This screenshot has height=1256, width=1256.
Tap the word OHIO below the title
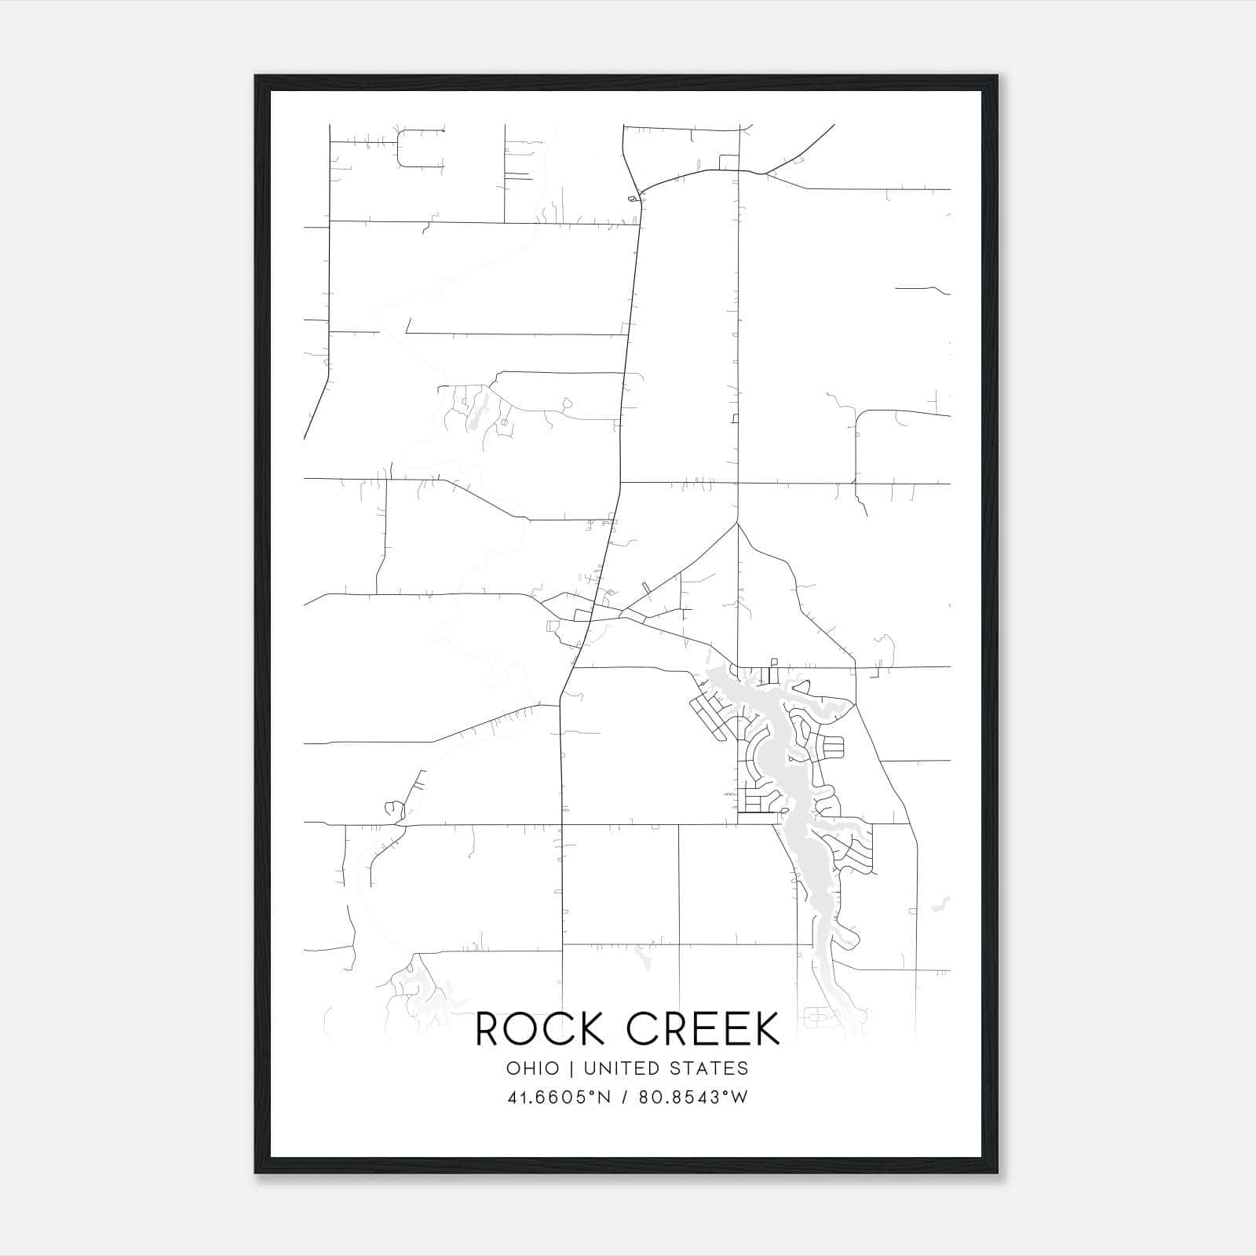click(533, 1068)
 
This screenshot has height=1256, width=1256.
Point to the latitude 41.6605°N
click(559, 1097)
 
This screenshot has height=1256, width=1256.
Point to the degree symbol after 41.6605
click(594, 1092)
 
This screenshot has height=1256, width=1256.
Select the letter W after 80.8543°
click(739, 1097)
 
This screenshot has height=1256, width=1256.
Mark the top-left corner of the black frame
click(256, 76)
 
